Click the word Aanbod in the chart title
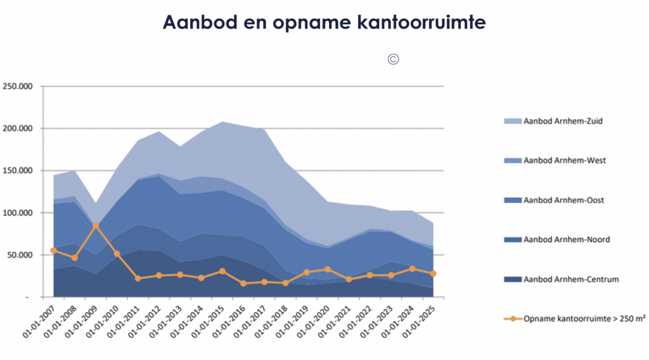pyautogui.click(x=193, y=22)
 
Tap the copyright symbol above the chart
pyautogui.click(x=393, y=60)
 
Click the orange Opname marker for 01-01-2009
pyautogui.click(x=96, y=226)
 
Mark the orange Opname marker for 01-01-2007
pyautogui.click(x=53, y=250)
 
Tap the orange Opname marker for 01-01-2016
pyautogui.click(x=243, y=283)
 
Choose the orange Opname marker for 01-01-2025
pyautogui.click(x=433, y=274)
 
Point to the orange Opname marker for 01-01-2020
pyautogui.click(x=328, y=269)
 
